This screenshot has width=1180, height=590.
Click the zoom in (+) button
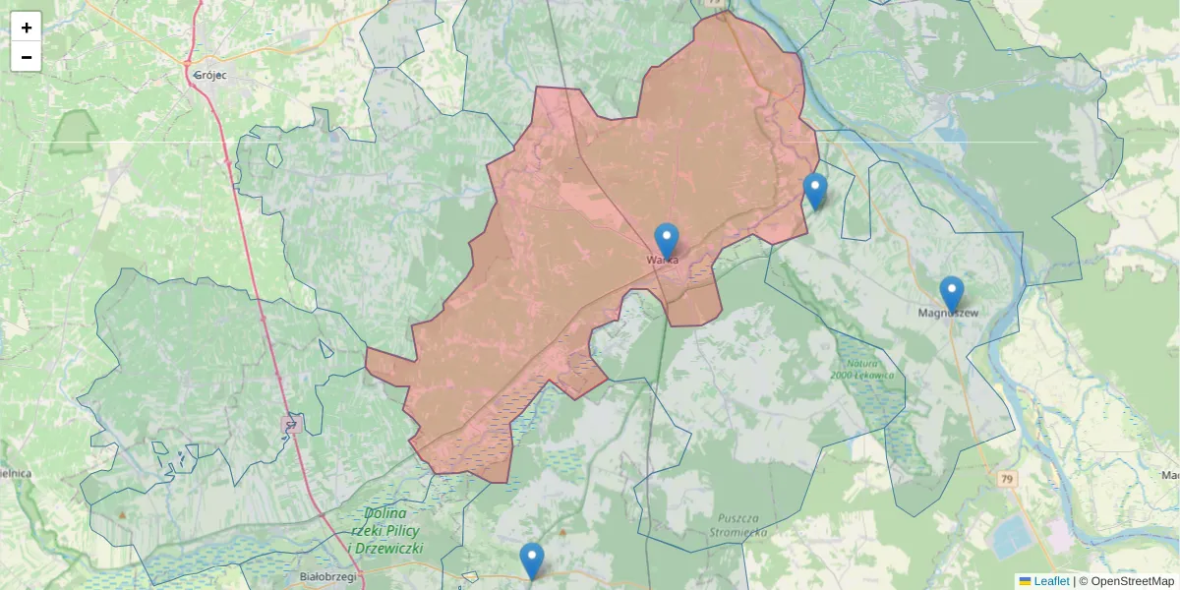(27, 28)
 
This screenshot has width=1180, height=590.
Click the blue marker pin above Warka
(667, 240)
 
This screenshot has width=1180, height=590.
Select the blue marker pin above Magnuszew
(951, 293)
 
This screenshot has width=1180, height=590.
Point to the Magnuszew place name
(948, 314)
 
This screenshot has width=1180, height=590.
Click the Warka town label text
(662, 260)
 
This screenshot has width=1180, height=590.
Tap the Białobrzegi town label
(327, 578)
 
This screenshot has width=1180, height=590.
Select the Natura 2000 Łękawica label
(860, 370)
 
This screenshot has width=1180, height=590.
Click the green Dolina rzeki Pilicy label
(385, 530)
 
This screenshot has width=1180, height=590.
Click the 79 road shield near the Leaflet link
(1006, 479)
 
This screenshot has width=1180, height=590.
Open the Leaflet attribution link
(1051, 581)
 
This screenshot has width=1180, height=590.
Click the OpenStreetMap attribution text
(1126, 581)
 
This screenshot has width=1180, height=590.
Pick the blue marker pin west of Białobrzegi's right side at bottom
(531, 560)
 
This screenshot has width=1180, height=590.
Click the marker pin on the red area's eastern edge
(814, 190)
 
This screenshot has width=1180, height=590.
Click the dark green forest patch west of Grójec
(74, 133)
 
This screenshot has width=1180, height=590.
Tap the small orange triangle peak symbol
(122, 514)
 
